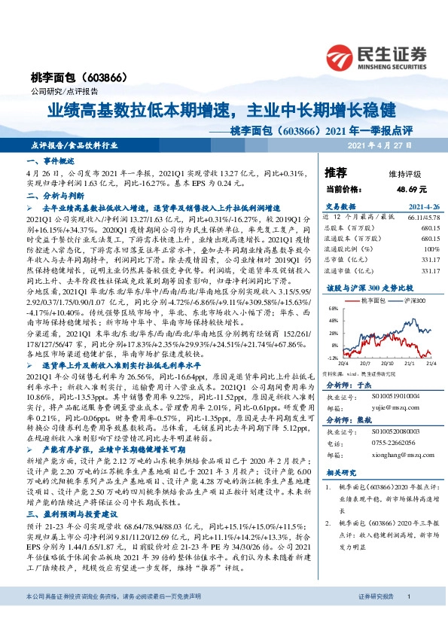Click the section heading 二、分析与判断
point(50,196)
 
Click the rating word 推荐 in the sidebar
point(336,172)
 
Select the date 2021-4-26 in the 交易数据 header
point(424,206)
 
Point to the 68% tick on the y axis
point(332,308)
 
